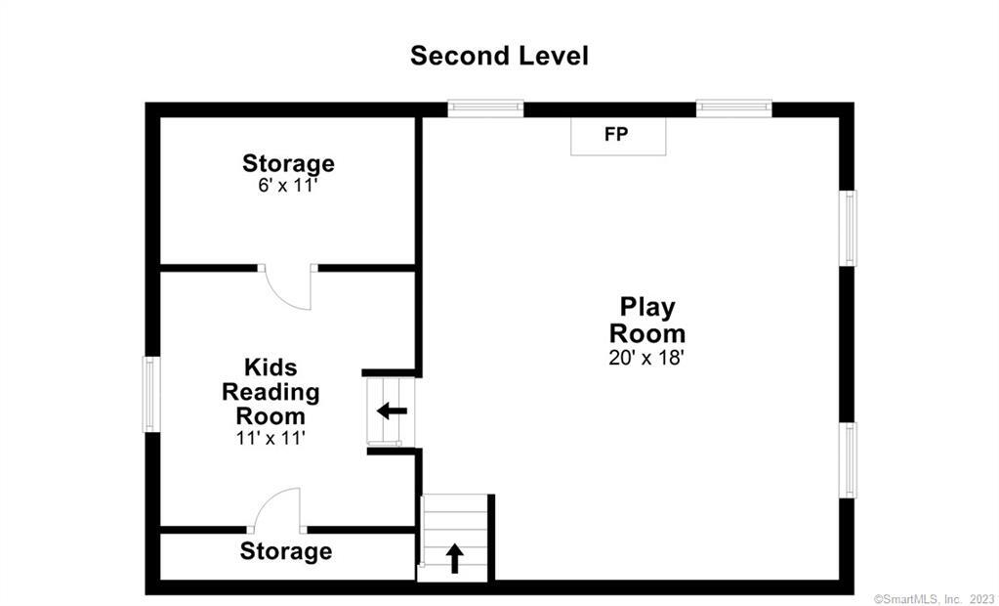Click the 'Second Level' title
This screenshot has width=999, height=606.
[x=499, y=56]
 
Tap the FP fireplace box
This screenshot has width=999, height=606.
[x=618, y=136]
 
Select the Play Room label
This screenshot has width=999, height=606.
[x=646, y=320]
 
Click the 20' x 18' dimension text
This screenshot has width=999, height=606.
[x=646, y=358]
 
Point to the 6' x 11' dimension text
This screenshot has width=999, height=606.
[x=288, y=185]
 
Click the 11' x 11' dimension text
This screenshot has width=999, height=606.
[x=271, y=439]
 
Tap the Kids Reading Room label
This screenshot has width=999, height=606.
[x=271, y=391]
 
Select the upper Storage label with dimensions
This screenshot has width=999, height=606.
[x=288, y=163]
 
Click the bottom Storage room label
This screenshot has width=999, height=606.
[x=285, y=551]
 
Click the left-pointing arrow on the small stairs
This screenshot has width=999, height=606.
[x=392, y=411]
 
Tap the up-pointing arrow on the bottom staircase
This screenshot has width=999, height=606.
[x=454, y=558]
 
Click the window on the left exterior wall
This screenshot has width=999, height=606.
[x=151, y=394]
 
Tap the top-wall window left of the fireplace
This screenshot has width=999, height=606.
[x=485, y=108]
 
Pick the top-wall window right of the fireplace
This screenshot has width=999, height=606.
[x=733, y=108]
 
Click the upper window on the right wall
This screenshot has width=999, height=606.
[x=849, y=228]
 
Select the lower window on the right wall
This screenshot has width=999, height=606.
[x=849, y=459]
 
